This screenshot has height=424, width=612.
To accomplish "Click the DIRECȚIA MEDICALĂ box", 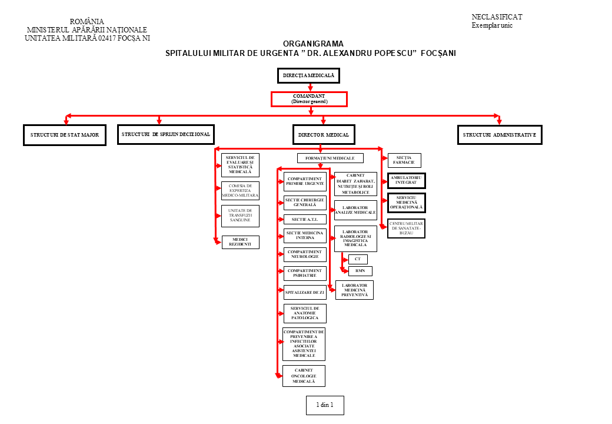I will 308,75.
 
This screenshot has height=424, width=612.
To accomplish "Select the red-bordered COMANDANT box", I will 309,99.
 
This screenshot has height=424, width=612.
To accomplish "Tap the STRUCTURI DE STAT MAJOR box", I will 65,135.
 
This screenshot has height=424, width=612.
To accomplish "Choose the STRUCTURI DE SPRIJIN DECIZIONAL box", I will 166,134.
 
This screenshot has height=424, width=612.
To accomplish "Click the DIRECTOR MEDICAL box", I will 323,135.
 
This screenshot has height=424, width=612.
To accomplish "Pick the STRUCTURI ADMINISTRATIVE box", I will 500,135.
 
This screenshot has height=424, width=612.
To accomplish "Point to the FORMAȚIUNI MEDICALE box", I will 330,158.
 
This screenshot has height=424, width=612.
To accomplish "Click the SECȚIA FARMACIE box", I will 404,160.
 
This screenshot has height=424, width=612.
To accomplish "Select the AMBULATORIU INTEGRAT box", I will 406,181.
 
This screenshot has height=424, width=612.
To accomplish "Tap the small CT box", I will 358,259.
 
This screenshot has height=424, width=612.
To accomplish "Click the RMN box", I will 360,271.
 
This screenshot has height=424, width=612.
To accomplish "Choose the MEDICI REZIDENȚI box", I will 240,242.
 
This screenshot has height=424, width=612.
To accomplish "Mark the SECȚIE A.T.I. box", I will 304,219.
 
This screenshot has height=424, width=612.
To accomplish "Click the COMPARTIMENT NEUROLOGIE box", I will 304,254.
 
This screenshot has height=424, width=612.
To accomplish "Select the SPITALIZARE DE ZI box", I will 304,292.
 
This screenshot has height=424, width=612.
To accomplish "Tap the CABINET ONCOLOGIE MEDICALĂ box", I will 304,376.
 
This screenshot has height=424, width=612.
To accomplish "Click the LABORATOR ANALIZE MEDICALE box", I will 355,210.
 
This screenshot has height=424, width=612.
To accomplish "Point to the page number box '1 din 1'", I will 325,405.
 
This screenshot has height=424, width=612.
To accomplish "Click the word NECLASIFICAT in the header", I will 497,17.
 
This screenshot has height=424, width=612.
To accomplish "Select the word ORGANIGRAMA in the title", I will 313,44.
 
